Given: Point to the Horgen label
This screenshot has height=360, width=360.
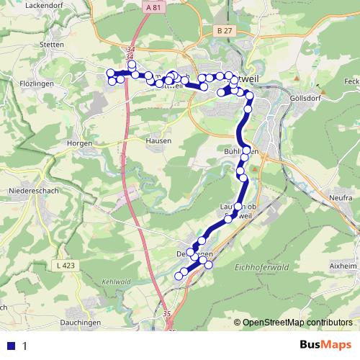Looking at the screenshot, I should click(78, 143).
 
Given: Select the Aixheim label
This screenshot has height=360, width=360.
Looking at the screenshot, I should click(342, 266).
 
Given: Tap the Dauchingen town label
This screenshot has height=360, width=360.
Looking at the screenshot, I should click(84, 323).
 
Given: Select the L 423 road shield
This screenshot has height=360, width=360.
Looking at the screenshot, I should click(66, 266).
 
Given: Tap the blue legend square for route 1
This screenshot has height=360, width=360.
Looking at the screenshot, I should click(11, 346).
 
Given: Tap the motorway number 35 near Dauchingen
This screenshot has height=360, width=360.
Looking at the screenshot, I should click(167, 314).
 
